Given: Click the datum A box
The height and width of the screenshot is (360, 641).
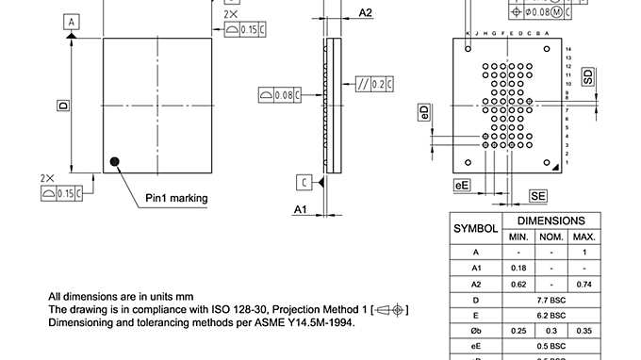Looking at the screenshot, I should (73, 21).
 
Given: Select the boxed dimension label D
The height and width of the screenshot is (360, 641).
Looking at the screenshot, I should (63, 106).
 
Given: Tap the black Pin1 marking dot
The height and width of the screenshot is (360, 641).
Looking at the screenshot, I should (116, 161).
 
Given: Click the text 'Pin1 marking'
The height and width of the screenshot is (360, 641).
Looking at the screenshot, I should (176, 198).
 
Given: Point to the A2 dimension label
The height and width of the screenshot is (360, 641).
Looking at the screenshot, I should (366, 12).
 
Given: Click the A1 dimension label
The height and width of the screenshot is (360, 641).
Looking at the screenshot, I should (300, 208).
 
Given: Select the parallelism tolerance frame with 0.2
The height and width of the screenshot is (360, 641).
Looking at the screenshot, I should (375, 85).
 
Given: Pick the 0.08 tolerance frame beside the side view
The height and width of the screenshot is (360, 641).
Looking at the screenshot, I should (280, 94).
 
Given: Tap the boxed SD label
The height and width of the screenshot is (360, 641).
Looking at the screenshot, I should (588, 77).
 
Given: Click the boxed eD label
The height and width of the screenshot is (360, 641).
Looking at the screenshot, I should (425, 113).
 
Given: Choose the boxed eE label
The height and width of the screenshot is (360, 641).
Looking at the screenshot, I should (462, 186).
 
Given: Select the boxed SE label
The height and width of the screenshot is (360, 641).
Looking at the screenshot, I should (537, 195).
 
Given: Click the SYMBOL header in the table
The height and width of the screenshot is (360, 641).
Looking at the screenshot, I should (476, 228).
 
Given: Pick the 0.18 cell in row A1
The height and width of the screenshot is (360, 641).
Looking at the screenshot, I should (518, 269).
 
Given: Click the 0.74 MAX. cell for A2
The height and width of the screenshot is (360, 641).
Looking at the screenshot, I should (584, 284).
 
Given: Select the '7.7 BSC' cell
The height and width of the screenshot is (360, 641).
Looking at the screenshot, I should (551, 300).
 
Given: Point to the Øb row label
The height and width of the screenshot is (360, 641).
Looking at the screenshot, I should (476, 331).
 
